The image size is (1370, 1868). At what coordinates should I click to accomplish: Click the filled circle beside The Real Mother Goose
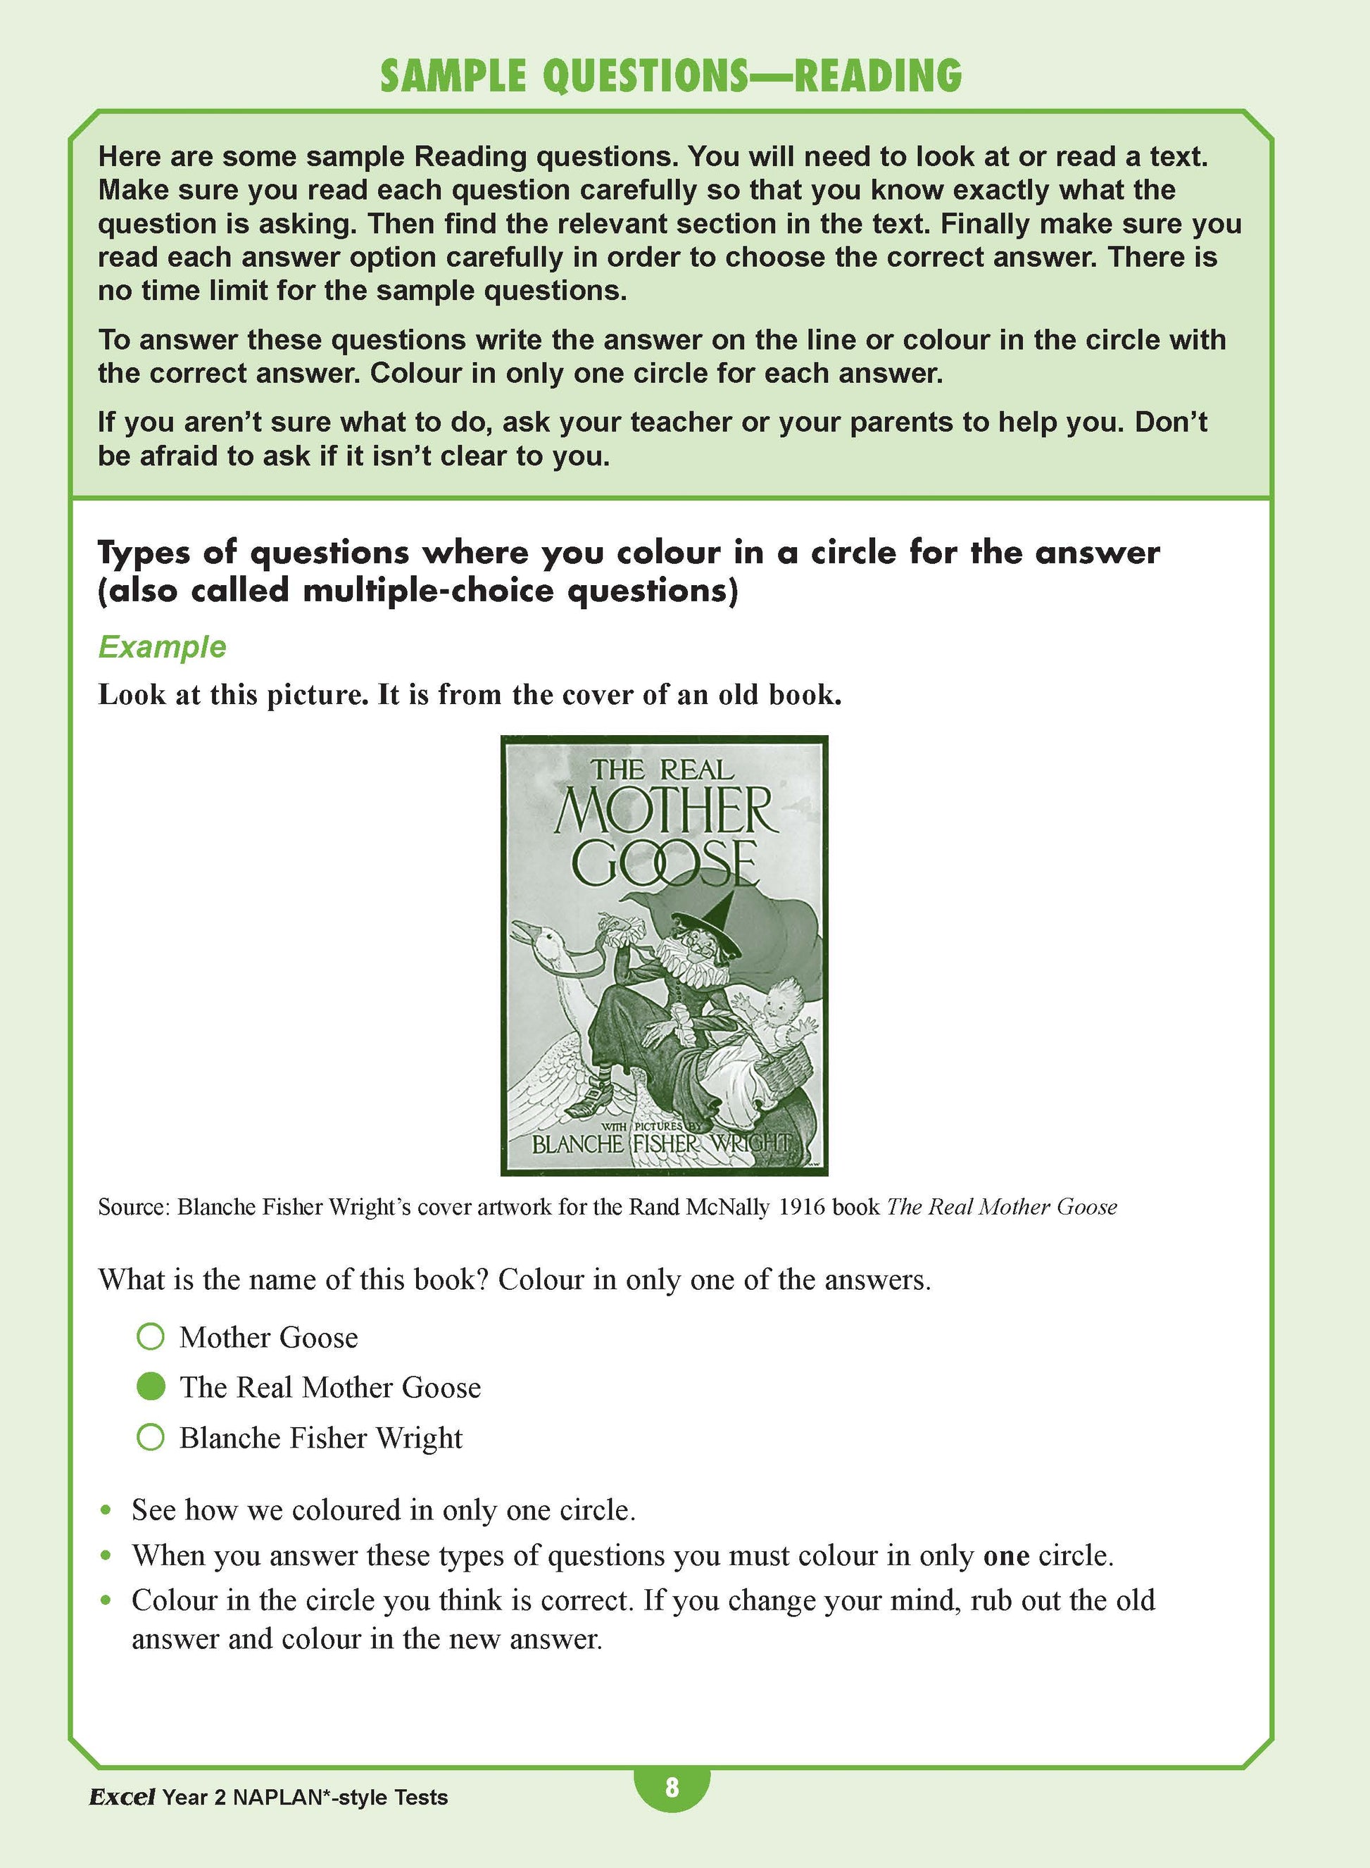pos(151,1386)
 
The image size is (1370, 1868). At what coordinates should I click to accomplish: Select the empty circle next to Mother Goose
pos(151,1336)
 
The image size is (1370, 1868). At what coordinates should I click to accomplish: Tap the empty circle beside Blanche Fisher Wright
pos(151,1438)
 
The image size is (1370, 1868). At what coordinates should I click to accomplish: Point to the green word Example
pos(162,646)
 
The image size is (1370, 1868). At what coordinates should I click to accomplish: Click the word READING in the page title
pos(877,76)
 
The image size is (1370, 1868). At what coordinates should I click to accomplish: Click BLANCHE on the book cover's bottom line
pos(577,1145)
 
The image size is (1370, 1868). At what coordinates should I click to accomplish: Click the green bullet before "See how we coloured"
pos(106,1510)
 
